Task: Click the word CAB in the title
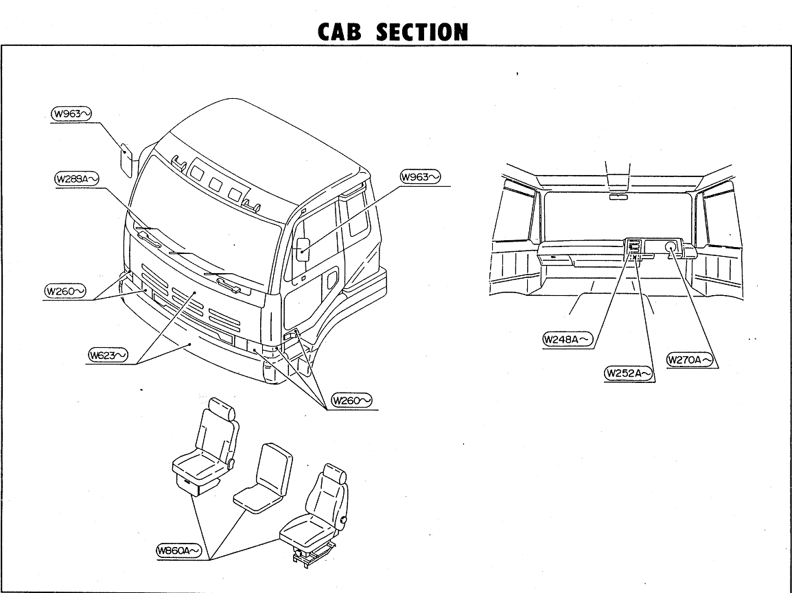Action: click(x=342, y=32)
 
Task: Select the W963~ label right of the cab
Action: click(x=419, y=177)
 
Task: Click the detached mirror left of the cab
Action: click(x=126, y=159)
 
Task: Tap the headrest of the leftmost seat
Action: click(x=222, y=410)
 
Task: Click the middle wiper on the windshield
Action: click(x=196, y=259)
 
